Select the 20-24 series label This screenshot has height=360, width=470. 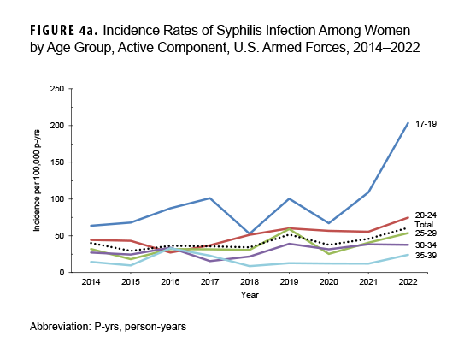point(426,215)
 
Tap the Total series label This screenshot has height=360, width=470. point(425,225)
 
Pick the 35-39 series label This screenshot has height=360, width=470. point(426,256)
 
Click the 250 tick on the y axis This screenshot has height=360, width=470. point(57,89)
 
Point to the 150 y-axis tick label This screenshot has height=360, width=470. point(57,162)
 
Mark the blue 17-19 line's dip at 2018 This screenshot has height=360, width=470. point(247,233)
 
